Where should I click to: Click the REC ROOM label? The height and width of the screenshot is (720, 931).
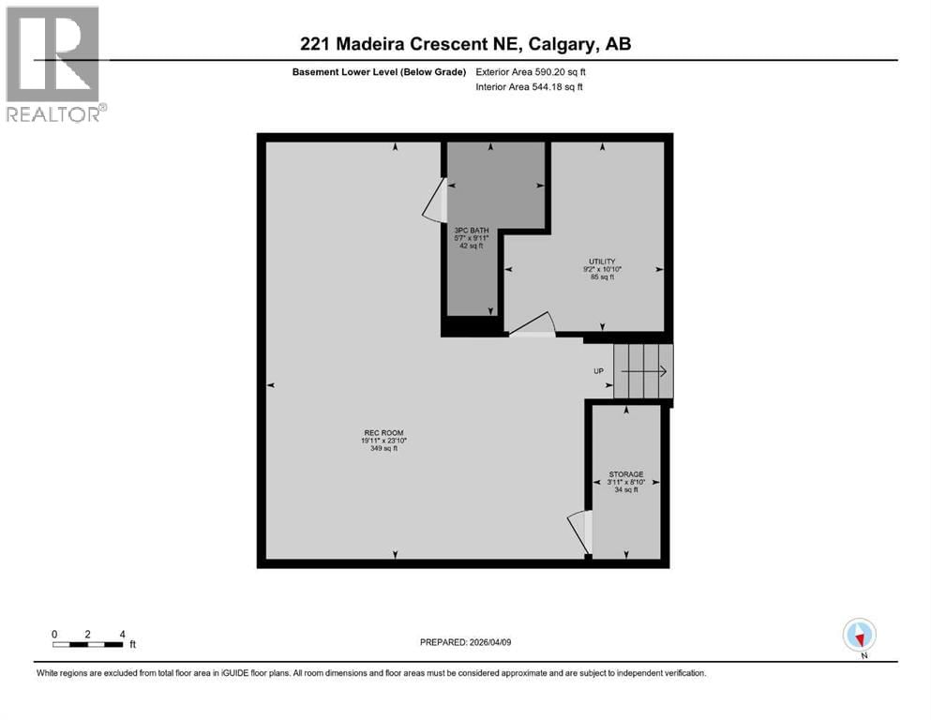point(383,432)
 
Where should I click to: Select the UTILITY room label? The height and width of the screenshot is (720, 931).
point(601,262)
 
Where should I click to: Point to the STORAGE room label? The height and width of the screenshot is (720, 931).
point(625,474)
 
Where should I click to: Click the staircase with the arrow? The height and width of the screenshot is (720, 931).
point(643,371)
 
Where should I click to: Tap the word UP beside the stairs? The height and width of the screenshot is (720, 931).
point(598,371)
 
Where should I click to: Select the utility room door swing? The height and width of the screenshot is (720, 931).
point(533,324)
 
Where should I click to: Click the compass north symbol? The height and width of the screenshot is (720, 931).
point(859,636)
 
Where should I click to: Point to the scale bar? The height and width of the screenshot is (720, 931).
point(88,643)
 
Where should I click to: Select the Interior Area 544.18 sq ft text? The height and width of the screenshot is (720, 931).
point(529,87)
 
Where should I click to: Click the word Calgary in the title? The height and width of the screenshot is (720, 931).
point(559,44)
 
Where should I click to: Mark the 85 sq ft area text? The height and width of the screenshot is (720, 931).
point(601,277)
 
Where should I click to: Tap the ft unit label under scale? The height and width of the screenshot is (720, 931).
point(132,644)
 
